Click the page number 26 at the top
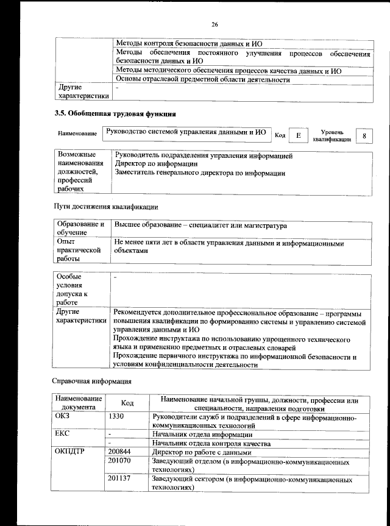(x=214, y=24)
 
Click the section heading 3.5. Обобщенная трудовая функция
(x=115, y=113)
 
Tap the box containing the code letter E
(x=297, y=136)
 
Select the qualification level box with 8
(x=364, y=136)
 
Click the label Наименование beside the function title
(x=77, y=133)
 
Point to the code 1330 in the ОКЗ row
(x=116, y=417)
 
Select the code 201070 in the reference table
(x=119, y=462)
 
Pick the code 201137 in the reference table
(x=119, y=480)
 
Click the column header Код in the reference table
(x=127, y=403)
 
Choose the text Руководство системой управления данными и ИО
(x=186, y=131)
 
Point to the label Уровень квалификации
(x=332, y=135)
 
